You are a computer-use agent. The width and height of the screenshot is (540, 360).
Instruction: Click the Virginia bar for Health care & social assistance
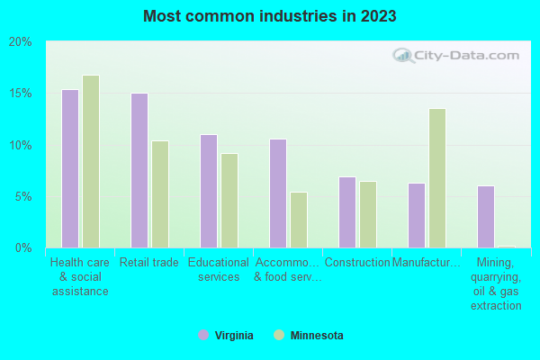pyautogui.click(x=70, y=168)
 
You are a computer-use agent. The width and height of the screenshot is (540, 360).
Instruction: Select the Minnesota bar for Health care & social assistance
pyautogui.click(x=91, y=161)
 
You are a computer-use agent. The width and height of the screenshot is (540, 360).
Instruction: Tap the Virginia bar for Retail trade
pyautogui.click(x=139, y=170)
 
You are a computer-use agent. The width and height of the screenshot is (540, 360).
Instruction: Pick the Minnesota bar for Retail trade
pyautogui.click(x=160, y=193)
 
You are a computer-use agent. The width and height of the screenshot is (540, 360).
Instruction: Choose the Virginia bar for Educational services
pyautogui.click(x=209, y=191)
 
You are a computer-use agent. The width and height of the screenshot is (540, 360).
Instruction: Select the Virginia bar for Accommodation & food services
pyautogui.click(x=278, y=193)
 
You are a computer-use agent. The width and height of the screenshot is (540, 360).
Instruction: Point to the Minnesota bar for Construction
pyautogui.click(x=368, y=214)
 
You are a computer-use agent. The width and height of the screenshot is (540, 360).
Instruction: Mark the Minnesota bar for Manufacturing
pyautogui.click(x=437, y=178)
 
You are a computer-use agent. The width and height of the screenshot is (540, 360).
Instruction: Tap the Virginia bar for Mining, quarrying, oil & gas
pyautogui.click(x=486, y=216)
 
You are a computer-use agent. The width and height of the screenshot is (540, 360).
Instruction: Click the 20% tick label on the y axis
pyautogui.click(x=21, y=41)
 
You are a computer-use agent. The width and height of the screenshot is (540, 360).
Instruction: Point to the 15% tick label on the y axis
pyautogui.click(x=21, y=94)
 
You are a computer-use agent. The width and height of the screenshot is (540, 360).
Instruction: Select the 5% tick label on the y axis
pyautogui.click(x=23, y=196)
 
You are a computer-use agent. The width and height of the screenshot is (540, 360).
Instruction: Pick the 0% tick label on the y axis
pyautogui.click(x=23, y=247)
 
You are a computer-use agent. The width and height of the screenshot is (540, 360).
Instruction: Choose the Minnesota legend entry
pyautogui.click(x=309, y=336)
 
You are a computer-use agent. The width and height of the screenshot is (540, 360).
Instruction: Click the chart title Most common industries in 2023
pyautogui.click(x=270, y=16)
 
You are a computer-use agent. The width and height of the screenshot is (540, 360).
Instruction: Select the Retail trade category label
pyautogui.click(x=149, y=263)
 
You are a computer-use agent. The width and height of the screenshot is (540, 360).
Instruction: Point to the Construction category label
pyautogui.click(x=357, y=263)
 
